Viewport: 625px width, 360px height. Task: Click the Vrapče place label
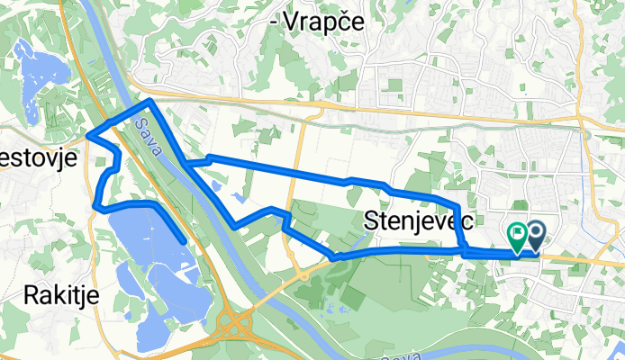[322, 23]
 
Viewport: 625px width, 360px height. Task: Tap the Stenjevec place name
[421, 219]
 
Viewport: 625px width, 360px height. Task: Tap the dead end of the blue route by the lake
[184, 241]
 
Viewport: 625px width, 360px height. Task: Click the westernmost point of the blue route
[88, 137]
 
